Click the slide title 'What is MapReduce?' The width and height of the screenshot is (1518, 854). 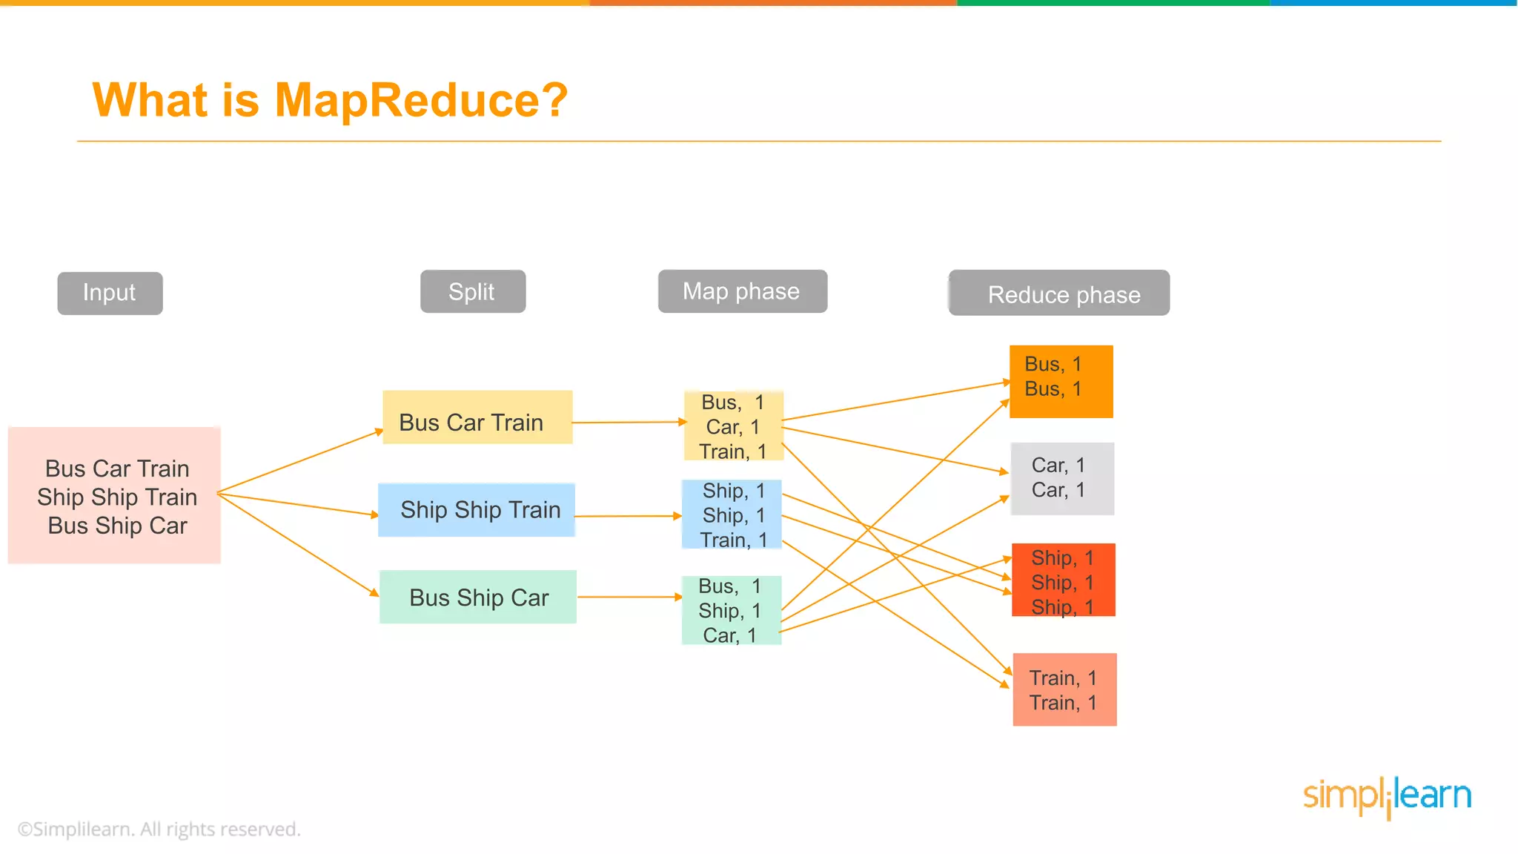330,100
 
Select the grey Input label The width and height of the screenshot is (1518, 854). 110,293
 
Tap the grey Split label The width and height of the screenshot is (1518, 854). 472,291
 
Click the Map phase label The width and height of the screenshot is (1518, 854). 742,291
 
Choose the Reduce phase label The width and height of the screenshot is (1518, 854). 1059,294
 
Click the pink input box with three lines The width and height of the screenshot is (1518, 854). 115,495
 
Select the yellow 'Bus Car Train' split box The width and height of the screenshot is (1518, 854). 477,417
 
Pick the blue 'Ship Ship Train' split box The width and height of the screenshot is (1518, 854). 477,510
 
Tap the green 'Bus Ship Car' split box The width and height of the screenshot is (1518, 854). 478,597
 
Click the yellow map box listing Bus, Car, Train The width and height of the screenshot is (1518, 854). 733,426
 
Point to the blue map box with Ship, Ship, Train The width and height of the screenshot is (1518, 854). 732,514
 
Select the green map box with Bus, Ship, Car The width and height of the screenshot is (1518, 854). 731,610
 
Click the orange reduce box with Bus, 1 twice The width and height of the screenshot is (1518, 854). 1061,381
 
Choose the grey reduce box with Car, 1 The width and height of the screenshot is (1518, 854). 1062,478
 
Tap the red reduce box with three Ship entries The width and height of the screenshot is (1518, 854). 1063,580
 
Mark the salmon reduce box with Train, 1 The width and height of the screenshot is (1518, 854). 1064,689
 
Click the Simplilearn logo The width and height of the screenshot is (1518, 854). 1387,796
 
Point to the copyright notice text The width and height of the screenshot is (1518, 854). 159,829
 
